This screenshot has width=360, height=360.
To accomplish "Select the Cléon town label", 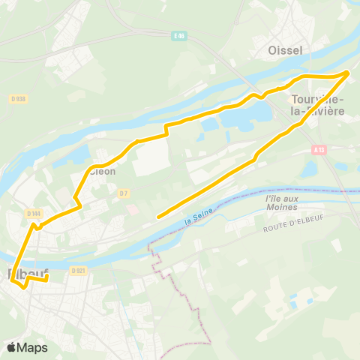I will (x=103, y=170).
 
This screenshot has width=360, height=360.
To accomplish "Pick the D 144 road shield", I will (x=33, y=214).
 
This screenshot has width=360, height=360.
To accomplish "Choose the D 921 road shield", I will (x=78, y=270).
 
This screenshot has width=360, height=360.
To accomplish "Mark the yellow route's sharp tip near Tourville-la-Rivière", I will (x=349, y=72).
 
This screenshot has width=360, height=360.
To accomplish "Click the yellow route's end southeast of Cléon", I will (x=157, y=217).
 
